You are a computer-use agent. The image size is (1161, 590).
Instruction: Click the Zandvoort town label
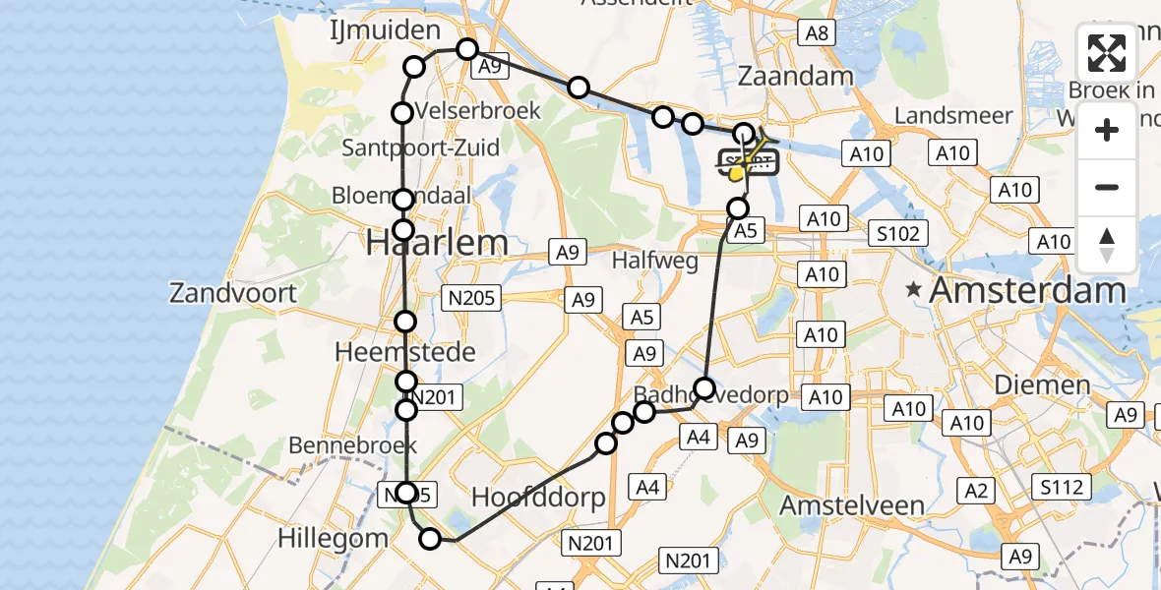coord(233,292)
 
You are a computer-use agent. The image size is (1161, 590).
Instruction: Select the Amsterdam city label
coord(1027,290)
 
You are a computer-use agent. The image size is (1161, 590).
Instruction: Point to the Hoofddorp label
coord(538,498)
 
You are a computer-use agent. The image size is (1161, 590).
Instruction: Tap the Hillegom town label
coord(332,538)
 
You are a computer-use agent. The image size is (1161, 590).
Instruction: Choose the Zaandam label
coord(795,77)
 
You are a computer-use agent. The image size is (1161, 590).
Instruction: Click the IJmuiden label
coord(385,30)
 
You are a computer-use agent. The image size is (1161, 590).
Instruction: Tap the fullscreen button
coord(1107,53)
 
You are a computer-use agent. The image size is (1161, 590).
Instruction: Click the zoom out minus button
coord(1107,187)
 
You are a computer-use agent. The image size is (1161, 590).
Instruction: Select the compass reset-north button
coord(1107,245)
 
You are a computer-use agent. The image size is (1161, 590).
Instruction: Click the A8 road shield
coord(818,33)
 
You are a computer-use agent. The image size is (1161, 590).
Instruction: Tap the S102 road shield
coord(899,234)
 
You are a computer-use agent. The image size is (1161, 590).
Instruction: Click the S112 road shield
coord(1062,487)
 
